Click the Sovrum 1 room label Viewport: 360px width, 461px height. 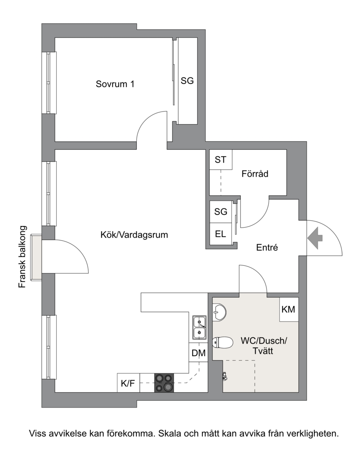[x=115, y=84]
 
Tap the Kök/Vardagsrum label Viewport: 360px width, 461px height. [x=134, y=235]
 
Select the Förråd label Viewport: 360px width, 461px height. [x=255, y=174]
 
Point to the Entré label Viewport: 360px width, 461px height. [x=267, y=247]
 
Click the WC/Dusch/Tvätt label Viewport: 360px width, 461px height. [x=264, y=346]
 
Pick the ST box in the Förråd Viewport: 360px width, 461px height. [x=220, y=160]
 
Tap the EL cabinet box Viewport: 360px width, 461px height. [x=220, y=234]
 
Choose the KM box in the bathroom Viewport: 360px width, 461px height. [x=288, y=309]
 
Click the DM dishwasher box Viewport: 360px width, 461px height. [x=198, y=353]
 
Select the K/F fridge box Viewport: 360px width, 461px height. [x=128, y=383]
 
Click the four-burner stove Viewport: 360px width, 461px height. [x=164, y=383]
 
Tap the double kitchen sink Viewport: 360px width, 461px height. [x=199, y=327]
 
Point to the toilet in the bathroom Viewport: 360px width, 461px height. [x=223, y=342]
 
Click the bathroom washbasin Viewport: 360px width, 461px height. [x=219, y=312]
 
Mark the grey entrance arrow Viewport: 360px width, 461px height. [x=315, y=238]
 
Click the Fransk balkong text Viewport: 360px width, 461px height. [x=22, y=257]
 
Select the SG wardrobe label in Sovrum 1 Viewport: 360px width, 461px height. [x=187, y=81]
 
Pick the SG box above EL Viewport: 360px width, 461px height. [x=220, y=211]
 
